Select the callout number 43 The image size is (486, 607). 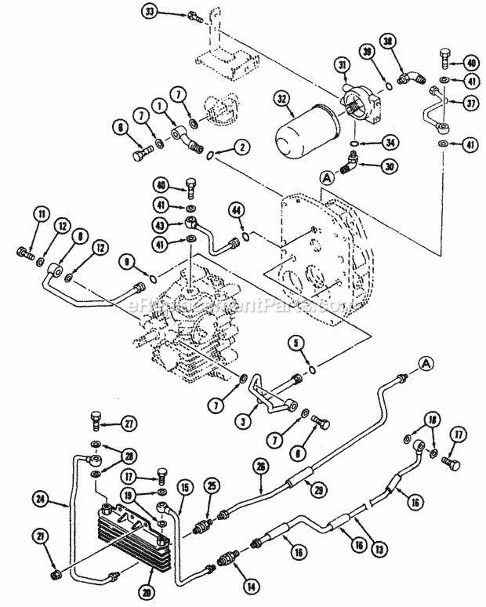tap(160, 225)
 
